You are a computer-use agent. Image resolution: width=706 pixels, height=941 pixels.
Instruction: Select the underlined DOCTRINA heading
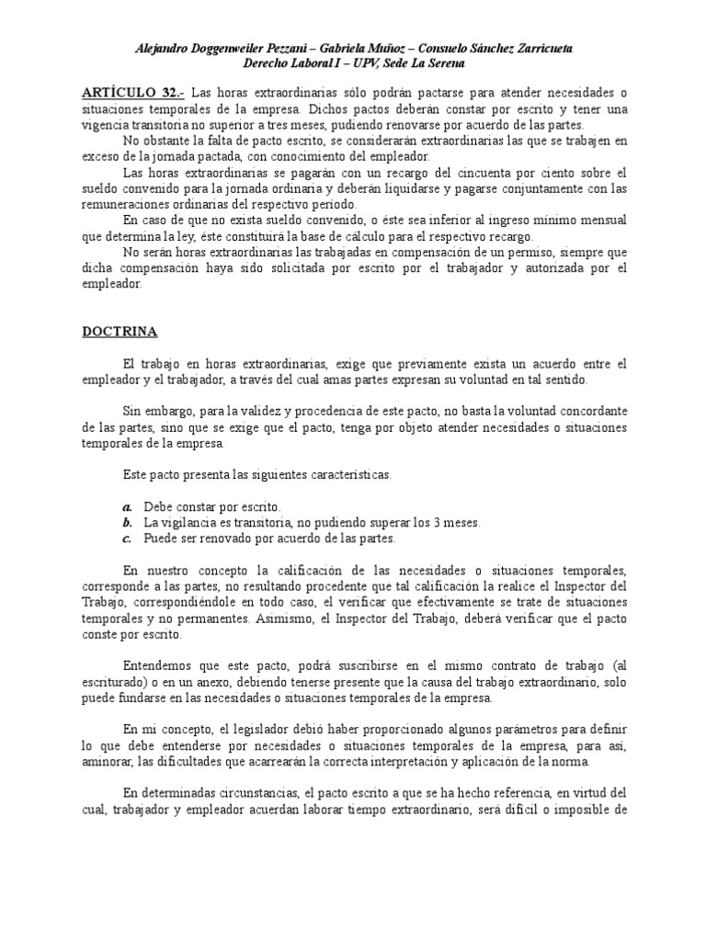(x=119, y=331)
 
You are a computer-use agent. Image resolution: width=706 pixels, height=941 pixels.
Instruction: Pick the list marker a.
(x=128, y=507)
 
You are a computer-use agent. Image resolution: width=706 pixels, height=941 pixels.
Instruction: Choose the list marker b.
(x=128, y=523)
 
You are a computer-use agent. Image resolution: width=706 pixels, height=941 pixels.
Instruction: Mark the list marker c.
(x=128, y=539)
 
